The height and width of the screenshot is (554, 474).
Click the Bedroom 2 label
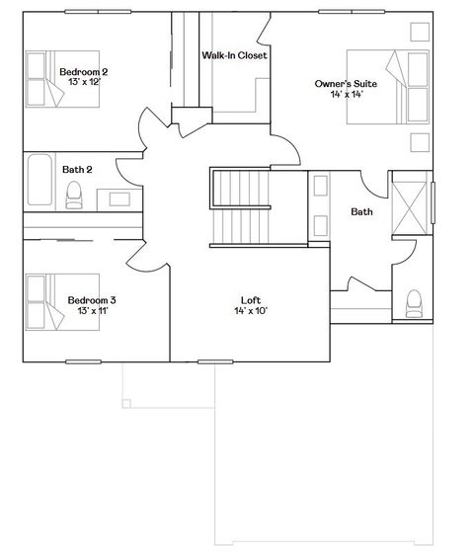click(84, 71)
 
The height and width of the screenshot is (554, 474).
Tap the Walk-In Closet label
click(233, 55)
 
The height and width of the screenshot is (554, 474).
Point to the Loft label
click(251, 299)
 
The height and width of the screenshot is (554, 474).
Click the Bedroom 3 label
click(92, 300)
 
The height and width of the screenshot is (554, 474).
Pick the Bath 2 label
click(77, 169)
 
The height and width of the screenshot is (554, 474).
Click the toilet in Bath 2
click(74, 197)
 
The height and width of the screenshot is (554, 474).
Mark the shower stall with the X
click(412, 210)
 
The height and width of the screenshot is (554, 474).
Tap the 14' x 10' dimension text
click(251, 311)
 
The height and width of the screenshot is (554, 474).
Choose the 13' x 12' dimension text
click(84, 82)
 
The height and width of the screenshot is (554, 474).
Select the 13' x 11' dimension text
click(92, 312)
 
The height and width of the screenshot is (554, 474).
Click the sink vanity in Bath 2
click(123, 197)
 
